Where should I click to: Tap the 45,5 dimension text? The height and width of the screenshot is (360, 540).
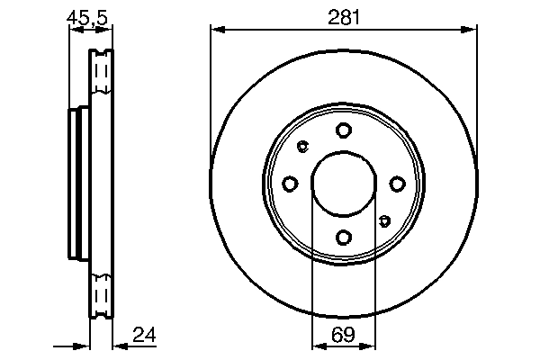pyautogui.click(x=88, y=15)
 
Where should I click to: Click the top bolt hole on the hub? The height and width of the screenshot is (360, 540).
pyautogui.click(x=343, y=130)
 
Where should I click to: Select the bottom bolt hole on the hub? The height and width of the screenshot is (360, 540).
pyautogui.click(x=343, y=238)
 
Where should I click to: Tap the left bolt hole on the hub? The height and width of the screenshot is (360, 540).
pyautogui.click(x=290, y=184)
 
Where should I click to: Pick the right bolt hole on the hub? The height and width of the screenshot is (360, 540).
pyautogui.click(x=397, y=184)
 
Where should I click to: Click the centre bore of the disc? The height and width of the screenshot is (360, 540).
pyautogui.click(x=343, y=184)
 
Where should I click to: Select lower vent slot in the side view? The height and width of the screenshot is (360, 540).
pyautogui.click(x=101, y=297)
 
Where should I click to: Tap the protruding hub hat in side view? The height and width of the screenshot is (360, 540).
pyautogui.click(x=76, y=184)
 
